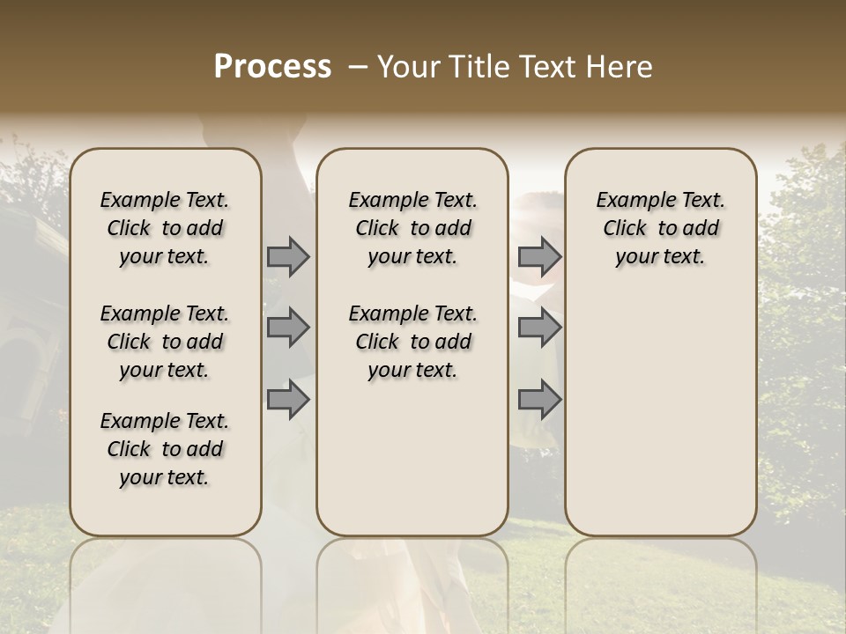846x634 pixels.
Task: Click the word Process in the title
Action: [x=272, y=67]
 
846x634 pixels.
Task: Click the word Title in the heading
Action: [x=477, y=67]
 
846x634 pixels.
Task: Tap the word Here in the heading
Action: [x=620, y=67]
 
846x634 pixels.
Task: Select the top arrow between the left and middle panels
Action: [x=288, y=257]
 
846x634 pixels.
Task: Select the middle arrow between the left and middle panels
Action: [x=288, y=328]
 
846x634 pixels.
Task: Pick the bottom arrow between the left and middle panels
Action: [x=288, y=400]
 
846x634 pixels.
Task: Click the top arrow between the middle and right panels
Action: [x=539, y=257]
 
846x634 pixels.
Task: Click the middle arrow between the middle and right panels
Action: [x=539, y=328]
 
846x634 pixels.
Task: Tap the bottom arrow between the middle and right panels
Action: [x=539, y=400]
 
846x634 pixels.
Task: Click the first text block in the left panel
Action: [x=165, y=228]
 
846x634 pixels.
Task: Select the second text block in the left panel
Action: [x=165, y=342]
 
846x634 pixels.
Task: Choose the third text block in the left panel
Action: [x=165, y=449]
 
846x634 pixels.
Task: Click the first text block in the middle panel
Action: [x=412, y=228]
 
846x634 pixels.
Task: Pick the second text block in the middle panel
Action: [x=412, y=342]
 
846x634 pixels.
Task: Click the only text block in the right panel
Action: [x=660, y=228]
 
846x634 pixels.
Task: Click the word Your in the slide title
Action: [x=409, y=67]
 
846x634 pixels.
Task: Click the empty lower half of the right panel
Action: [x=660, y=423]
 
